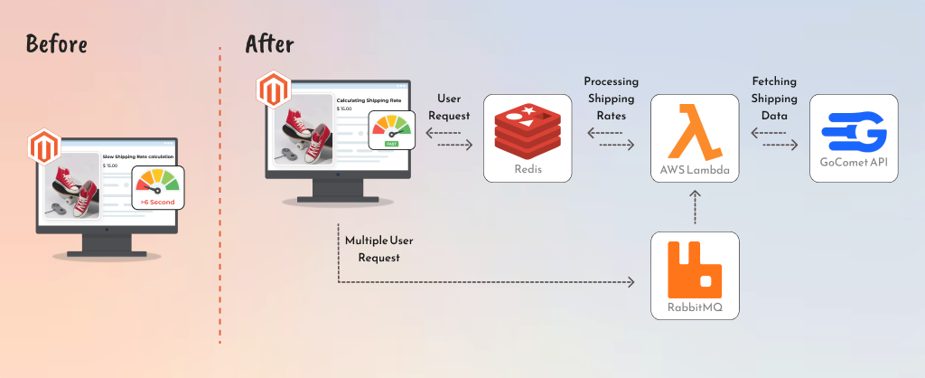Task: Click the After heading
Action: [269, 43]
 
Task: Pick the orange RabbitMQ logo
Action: [695, 269]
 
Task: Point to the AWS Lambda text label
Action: [695, 170]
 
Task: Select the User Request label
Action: [448, 107]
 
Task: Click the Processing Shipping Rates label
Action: [611, 99]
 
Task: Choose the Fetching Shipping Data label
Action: [774, 99]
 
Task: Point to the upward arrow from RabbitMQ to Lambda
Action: [695, 208]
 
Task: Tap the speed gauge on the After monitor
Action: [391, 129]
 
